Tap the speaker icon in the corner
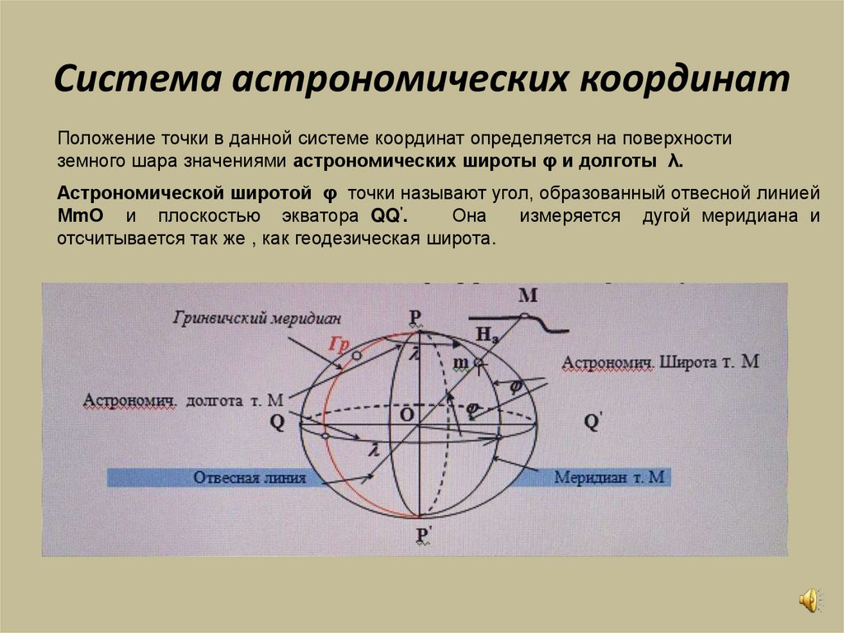tap(809, 600)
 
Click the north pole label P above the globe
tap(415, 317)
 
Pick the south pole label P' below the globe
tap(422, 537)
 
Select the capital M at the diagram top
tap(528, 295)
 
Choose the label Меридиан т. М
tap(611, 477)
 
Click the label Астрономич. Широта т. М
tap(659, 362)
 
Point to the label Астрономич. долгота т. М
tap(183, 400)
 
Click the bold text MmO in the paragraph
tap(79, 217)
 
